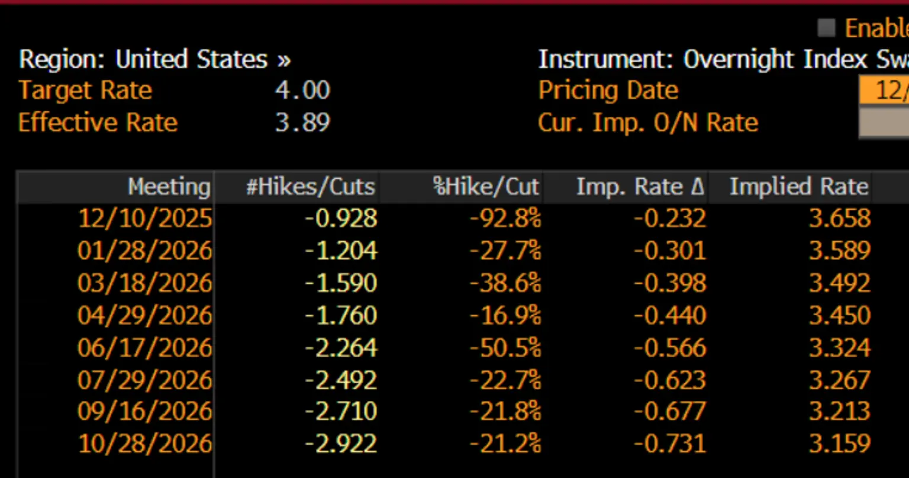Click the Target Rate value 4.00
pos(303,90)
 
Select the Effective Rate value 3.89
pos(303,122)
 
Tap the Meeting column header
pos(169,187)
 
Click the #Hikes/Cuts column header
pos(311,187)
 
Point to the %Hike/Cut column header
pos(486,187)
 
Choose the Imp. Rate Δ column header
pos(640,187)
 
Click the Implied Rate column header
pos(799,187)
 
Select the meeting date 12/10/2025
pos(145,219)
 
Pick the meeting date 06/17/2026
pos(145,348)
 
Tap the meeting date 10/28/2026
pos(145,443)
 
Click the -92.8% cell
pos(505,219)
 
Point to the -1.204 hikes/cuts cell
pos(341,251)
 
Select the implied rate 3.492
pos(840,283)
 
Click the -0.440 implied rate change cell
pos(670,316)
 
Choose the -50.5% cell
pos(505,348)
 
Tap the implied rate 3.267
pos(840,380)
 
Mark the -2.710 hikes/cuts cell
pos(341,411)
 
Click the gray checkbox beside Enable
pos(826,28)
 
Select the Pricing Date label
pos(608,90)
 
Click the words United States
pos(192,59)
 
